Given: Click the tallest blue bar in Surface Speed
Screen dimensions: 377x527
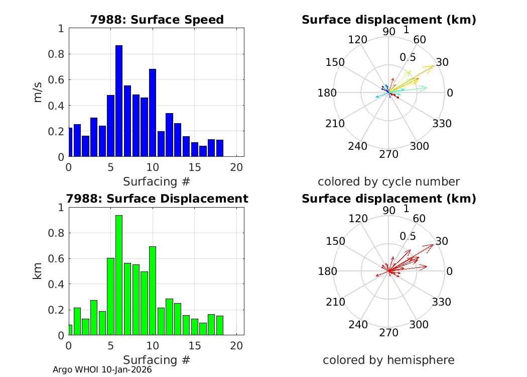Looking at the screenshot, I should pyautogui.click(x=119, y=101).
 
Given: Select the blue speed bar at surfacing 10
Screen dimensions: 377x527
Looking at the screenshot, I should pyautogui.click(x=153, y=113).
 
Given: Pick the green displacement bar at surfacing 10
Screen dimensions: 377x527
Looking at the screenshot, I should pyautogui.click(x=153, y=291).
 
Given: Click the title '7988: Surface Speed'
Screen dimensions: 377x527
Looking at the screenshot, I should pyautogui.click(x=157, y=20).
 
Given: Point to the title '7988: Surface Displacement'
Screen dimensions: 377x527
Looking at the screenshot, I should pyautogui.click(x=169, y=199).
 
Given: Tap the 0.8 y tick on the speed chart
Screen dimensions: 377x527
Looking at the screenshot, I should pyautogui.click(x=59, y=54).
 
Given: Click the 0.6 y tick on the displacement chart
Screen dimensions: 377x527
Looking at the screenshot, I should pyautogui.click(x=59, y=259).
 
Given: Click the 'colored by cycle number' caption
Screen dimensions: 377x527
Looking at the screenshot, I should pyautogui.click(x=388, y=181).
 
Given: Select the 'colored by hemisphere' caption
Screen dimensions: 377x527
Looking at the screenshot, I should pyautogui.click(x=388, y=360).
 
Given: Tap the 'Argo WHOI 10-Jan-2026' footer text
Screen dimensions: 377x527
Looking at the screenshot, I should pyautogui.click(x=102, y=369).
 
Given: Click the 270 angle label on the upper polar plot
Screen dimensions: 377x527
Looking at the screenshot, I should pyautogui.click(x=389, y=154).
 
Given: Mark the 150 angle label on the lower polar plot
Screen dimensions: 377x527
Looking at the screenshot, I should pyautogui.click(x=335, y=241).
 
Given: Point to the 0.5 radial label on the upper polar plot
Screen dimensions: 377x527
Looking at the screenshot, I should pyautogui.click(x=408, y=57).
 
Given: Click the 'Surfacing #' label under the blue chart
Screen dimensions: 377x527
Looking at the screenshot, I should pyautogui.click(x=157, y=181).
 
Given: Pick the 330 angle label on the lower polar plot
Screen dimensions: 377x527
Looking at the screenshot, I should pyautogui.click(x=442, y=302).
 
